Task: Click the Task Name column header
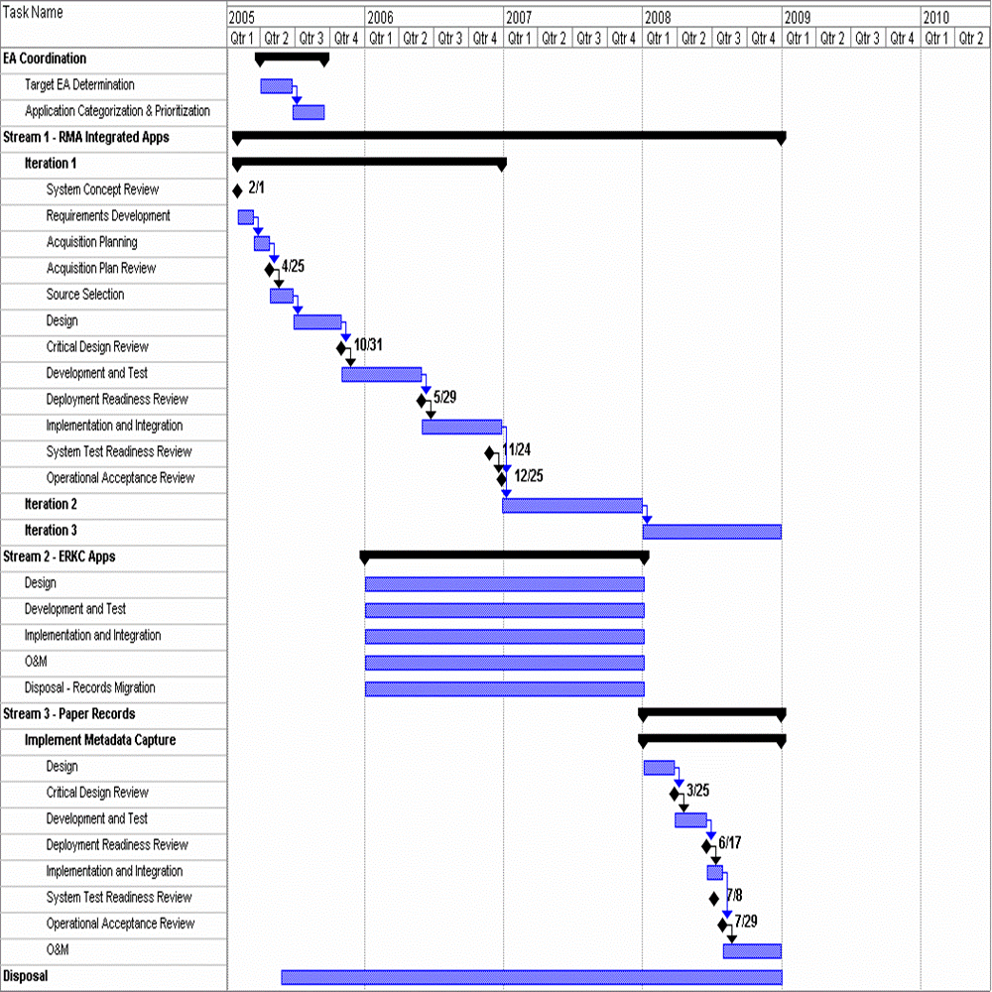[x=34, y=13]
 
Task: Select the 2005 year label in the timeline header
[x=241, y=18]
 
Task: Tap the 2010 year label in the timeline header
[x=936, y=18]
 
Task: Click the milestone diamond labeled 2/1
[x=237, y=190]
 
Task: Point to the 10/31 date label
[x=367, y=345]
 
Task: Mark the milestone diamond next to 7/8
[x=713, y=899]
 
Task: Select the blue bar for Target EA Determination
[x=276, y=86]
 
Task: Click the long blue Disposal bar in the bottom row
[x=531, y=977]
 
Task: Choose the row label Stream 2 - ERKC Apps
[x=60, y=557]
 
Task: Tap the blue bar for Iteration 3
[x=711, y=532]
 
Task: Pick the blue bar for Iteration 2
[x=571, y=506]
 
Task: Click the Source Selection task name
[x=85, y=295]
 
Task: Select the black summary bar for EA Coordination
[x=292, y=59]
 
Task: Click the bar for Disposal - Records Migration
[x=504, y=688]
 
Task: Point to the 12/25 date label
[x=528, y=476]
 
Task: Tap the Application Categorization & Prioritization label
[x=117, y=111]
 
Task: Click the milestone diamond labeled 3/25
[x=675, y=794]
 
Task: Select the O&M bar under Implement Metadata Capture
[x=752, y=951]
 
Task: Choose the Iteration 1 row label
[x=51, y=164]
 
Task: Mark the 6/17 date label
[x=730, y=843]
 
